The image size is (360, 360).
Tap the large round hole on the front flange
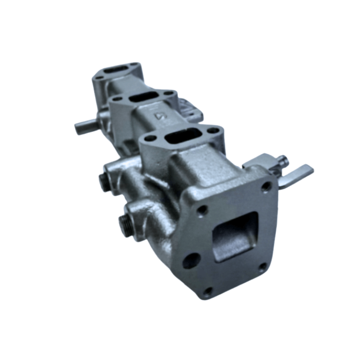pos(192,260)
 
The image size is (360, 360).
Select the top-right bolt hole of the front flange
pos(267,185)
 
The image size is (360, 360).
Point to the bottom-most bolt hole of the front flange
pos(207,291)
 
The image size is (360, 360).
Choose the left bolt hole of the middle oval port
pos(117,98)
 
